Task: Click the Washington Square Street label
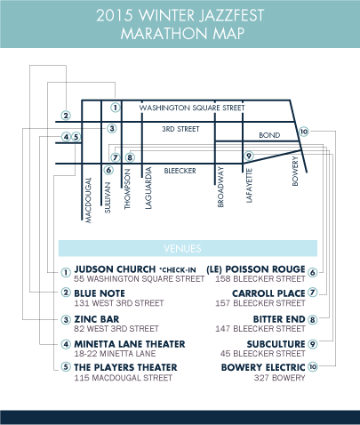[x=190, y=108]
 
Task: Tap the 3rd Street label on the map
[x=180, y=129]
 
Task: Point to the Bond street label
[x=268, y=135]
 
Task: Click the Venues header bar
[x=188, y=248]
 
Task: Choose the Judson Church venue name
[x=114, y=269]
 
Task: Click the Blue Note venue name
[x=99, y=293]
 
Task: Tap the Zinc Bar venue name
[x=95, y=318]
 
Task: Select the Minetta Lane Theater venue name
[x=130, y=343]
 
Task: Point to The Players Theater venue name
[x=125, y=366]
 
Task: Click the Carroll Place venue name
[x=268, y=293]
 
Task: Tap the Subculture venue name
[x=275, y=343]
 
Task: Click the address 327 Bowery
[x=286, y=378]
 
